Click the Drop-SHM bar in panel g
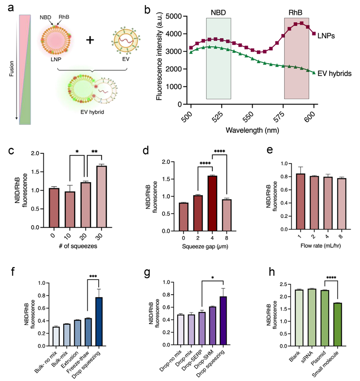pos(212,326)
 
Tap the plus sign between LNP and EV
pos(89,40)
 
